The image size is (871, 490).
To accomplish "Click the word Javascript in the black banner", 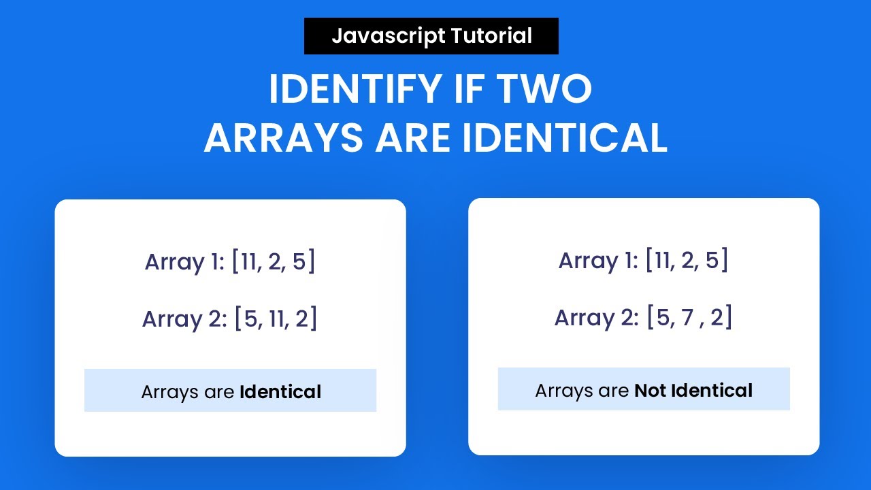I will coord(379,36).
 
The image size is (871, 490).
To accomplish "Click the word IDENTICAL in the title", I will coord(564,138).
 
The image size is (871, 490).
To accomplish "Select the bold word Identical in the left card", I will coord(280,392).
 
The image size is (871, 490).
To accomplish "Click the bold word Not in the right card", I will coord(650,391).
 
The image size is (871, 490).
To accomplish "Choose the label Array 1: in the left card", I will coord(184,262).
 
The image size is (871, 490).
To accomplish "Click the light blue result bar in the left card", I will coord(230,391).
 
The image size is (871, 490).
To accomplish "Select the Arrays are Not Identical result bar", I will coord(644,389).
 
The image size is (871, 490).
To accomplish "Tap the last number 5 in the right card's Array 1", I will coord(712,261).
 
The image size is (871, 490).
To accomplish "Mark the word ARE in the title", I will coord(413,138).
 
